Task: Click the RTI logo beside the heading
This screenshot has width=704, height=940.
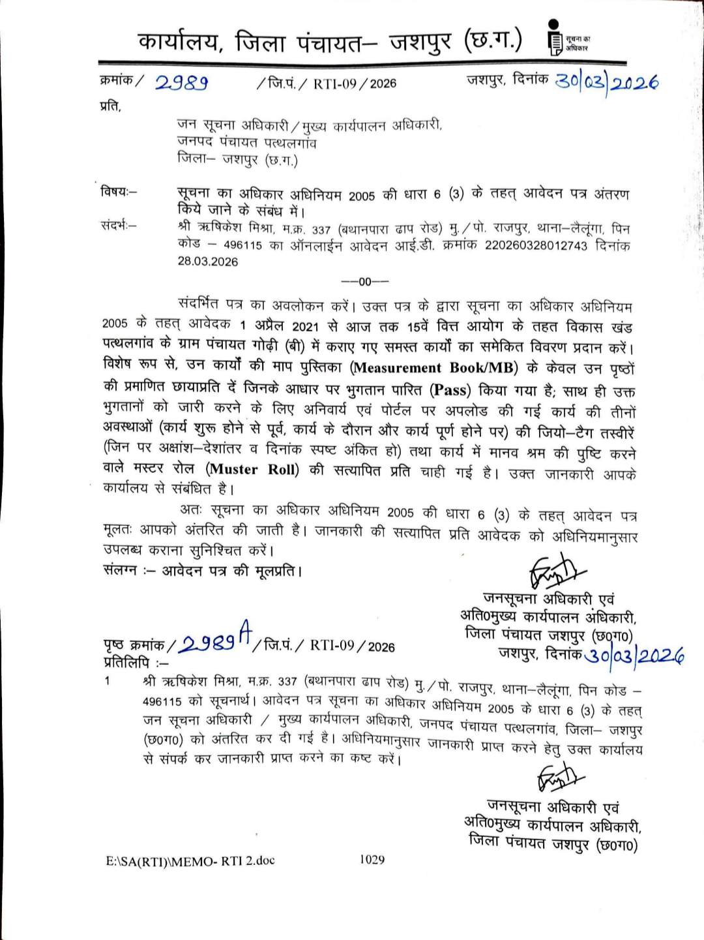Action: (554, 38)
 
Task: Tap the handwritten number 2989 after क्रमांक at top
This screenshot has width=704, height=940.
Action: (181, 83)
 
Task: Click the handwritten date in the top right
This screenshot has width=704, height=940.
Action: (606, 82)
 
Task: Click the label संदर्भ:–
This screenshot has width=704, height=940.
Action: (119, 226)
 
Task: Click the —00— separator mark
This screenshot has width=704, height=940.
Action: (365, 282)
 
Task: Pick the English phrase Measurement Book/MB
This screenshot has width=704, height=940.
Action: (434, 368)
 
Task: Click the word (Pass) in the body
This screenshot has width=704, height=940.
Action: (450, 390)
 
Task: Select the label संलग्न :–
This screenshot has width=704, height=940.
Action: (128, 571)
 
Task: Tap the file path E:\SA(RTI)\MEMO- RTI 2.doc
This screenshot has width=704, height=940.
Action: (190, 861)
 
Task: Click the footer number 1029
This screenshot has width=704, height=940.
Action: (372, 860)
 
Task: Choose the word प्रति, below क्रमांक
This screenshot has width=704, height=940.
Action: (110, 106)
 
